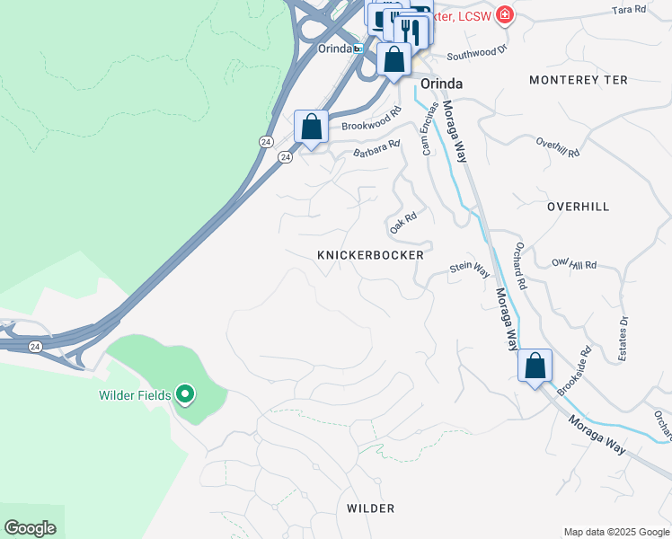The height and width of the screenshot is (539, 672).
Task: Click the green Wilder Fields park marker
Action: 185,394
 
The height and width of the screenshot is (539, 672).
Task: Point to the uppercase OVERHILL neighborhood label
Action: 578,207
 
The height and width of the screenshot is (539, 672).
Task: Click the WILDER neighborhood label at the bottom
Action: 370,508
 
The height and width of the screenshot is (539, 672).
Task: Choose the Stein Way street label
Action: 469,268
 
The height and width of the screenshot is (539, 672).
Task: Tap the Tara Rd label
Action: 628,9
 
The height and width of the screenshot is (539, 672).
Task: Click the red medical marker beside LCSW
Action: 505,14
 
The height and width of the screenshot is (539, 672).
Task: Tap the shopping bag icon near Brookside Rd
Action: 535,367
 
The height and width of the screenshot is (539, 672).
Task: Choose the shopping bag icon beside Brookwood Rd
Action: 312,126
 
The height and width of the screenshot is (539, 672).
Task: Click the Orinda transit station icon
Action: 358,49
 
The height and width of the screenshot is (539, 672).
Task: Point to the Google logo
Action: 30,527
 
